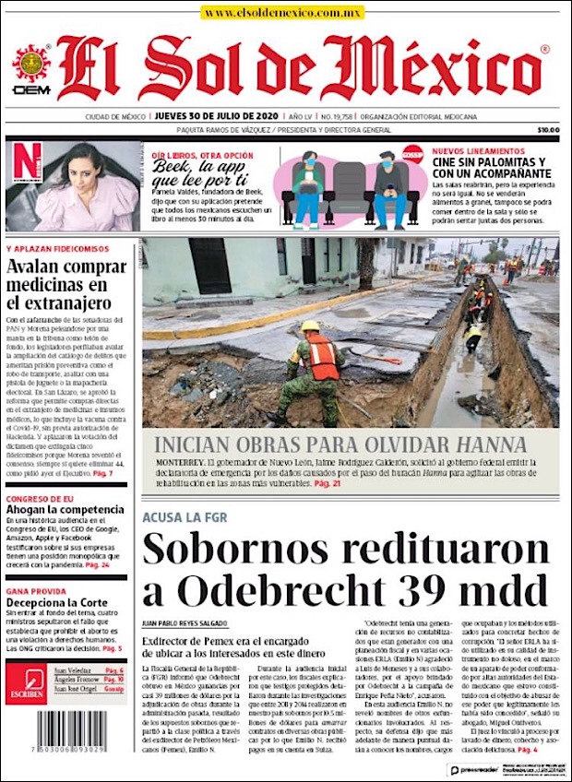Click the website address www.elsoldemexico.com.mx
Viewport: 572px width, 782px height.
click(283, 13)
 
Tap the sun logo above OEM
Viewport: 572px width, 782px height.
click(30, 64)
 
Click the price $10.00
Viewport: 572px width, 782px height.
click(548, 130)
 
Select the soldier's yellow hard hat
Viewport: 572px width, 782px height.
click(311, 326)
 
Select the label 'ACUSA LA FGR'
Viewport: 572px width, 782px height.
click(185, 517)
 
